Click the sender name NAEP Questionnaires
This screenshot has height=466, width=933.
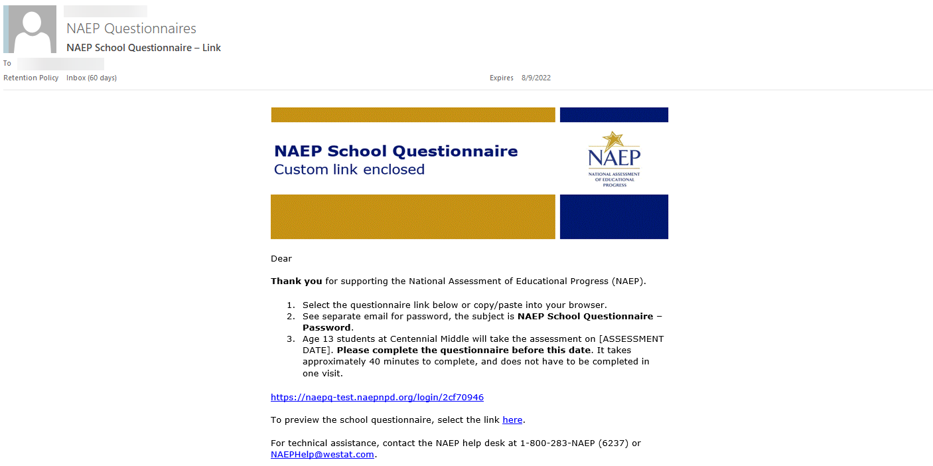coord(131,29)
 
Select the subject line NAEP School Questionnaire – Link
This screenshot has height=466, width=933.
coord(143,48)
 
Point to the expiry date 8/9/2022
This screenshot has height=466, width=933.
coord(536,78)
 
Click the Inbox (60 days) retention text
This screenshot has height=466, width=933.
coord(92,78)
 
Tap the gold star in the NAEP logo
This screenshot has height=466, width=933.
coord(612,141)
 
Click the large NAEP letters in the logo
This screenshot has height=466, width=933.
coord(614,158)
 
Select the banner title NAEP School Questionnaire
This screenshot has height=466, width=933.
coord(395,151)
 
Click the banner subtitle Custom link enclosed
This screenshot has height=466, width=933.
coord(349,170)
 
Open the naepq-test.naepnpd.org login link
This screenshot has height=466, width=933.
coord(377,398)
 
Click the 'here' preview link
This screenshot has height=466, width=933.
coord(512,420)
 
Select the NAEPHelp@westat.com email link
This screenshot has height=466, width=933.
coord(323,455)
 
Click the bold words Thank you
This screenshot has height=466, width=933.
coord(296,281)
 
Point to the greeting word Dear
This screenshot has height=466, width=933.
coord(281,259)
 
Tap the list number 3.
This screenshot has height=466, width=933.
coord(290,339)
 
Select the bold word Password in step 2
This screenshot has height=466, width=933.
coord(326,328)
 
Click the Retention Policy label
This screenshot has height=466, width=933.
coord(31,78)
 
